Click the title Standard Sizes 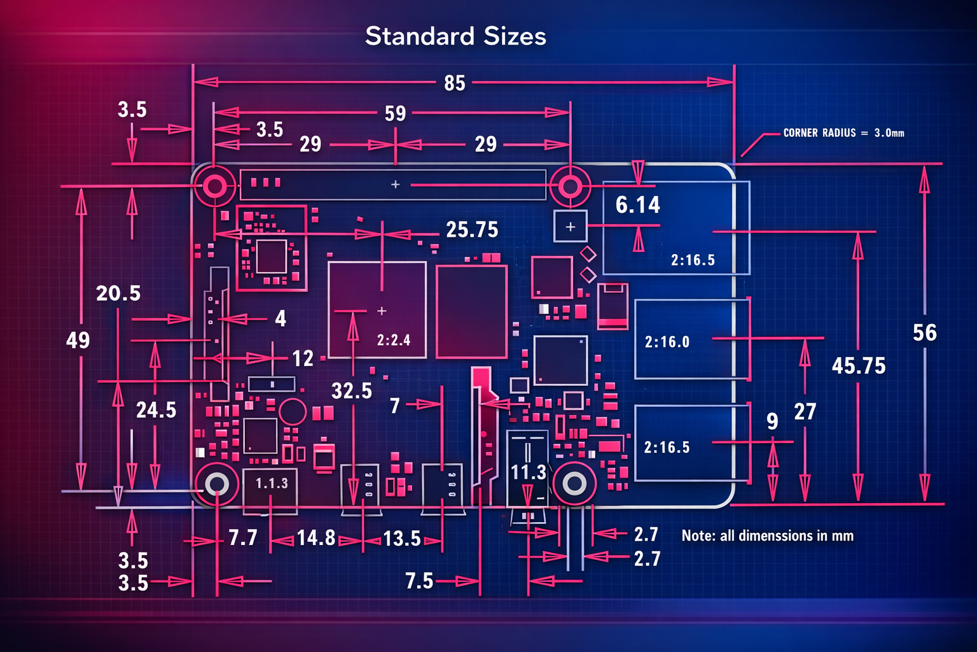[455, 36]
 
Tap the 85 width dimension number [455, 83]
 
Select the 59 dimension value [395, 113]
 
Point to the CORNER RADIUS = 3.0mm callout [843, 133]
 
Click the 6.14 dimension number [638, 205]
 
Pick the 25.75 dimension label [472, 230]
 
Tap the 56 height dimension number [925, 333]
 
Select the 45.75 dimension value [858, 366]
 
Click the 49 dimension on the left [78, 340]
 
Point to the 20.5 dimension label [118, 294]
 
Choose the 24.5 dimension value [156, 410]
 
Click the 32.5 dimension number [352, 391]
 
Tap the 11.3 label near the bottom [528, 472]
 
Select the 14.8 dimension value [316, 538]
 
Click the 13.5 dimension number [402, 539]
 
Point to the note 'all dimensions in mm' [767, 536]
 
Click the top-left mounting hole [214, 187]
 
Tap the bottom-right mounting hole [574, 484]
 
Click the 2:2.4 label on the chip [394, 340]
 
